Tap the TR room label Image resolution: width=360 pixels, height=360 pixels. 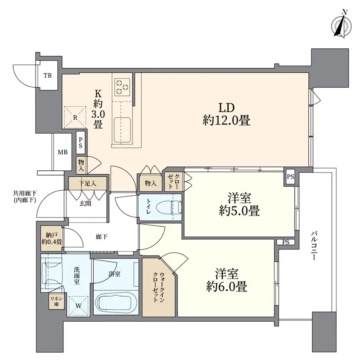pos(48,75)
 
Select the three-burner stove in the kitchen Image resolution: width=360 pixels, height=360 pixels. pos(122,87)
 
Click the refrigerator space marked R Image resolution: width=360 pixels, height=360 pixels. pos(75,117)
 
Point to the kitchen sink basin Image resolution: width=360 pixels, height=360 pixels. pos(122,130)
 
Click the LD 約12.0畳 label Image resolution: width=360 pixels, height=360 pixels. pos(226,114)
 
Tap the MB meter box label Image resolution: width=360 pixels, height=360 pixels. pos(62,152)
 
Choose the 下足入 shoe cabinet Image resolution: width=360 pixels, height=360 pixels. pos(88,183)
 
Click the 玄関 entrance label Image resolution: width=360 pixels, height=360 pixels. pos(85,203)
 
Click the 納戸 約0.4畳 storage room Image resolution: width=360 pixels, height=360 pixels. pos(52,238)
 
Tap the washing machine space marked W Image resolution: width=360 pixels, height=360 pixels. pos(78,306)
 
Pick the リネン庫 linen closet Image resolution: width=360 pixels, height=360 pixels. pos(57,301)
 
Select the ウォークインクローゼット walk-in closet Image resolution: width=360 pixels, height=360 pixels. pos(159,287)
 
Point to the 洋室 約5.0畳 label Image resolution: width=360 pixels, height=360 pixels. pos(239,204)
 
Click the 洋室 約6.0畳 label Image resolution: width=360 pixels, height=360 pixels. pos(226,280)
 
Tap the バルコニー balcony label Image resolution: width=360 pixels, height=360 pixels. pos(314,246)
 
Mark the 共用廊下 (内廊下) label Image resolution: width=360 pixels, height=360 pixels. pos(25,197)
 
